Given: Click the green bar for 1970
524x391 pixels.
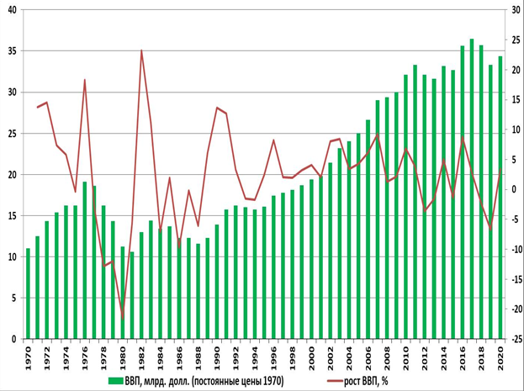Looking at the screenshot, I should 28,293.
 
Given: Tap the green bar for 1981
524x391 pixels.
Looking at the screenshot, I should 131,295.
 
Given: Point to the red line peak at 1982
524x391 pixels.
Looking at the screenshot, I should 141,50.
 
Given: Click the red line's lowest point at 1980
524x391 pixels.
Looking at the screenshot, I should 123,318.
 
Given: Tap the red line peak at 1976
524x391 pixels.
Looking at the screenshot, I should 85,80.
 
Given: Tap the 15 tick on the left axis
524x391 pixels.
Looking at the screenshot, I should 13,216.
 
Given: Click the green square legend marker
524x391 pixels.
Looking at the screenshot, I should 114,381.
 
